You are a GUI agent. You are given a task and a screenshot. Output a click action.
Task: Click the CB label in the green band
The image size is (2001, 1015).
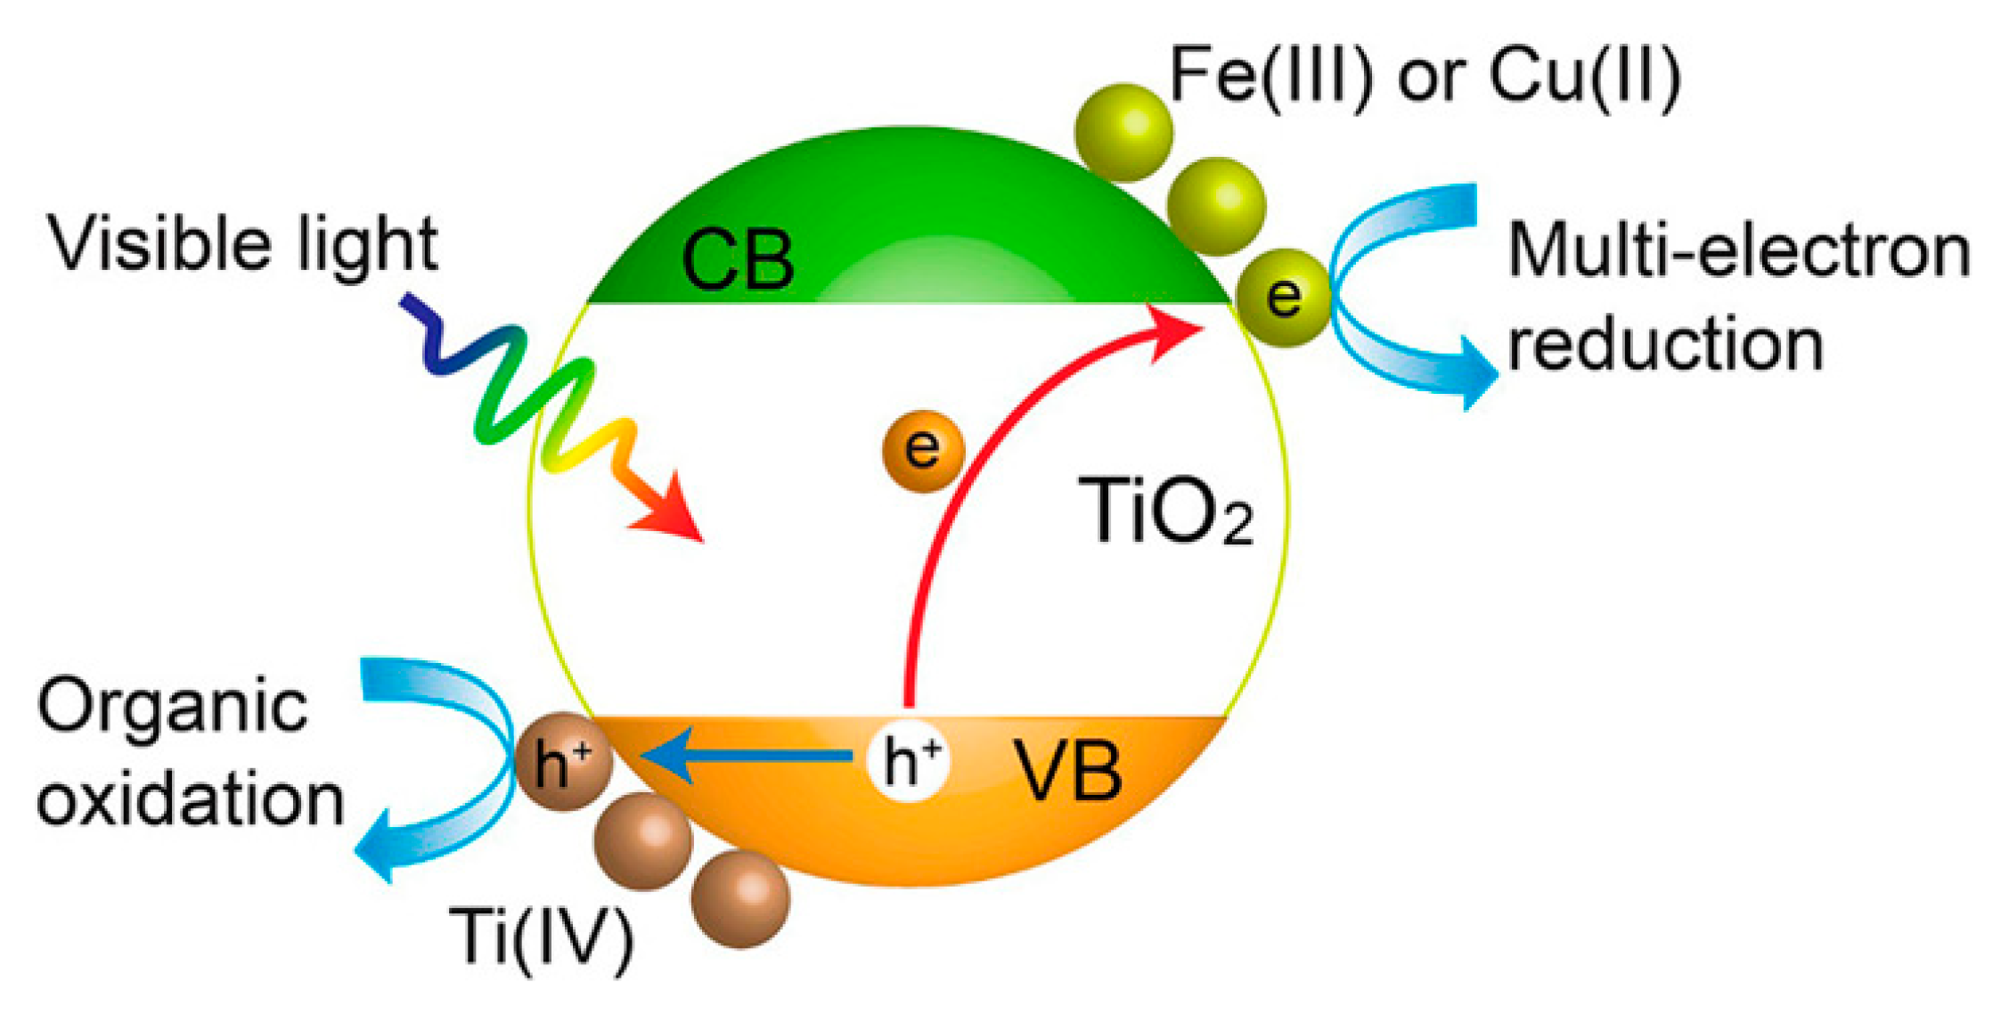pos(737,260)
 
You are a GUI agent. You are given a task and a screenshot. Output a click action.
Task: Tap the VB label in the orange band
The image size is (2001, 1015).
pos(1068,772)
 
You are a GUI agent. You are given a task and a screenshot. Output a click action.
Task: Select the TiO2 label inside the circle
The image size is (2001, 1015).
pos(1164,510)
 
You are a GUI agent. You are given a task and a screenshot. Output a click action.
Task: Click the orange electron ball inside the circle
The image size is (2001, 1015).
pos(923,450)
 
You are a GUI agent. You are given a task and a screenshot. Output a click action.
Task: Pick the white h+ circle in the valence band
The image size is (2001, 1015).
pos(909,760)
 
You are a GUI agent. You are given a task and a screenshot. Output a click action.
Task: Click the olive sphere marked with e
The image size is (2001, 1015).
pos(1283,298)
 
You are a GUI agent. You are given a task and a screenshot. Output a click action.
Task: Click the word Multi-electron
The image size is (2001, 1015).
pos(1738,251)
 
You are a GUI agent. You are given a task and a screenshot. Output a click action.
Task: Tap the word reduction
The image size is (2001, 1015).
pos(1665,345)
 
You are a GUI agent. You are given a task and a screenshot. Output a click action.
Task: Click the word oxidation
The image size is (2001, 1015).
pos(190,799)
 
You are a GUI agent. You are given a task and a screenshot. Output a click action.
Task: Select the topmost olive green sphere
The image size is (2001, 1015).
pos(1123,132)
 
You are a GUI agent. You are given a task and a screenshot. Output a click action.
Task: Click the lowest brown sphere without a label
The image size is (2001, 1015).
pos(739,898)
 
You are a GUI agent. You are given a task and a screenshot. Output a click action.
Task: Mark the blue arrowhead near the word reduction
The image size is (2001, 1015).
pos(1474,372)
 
